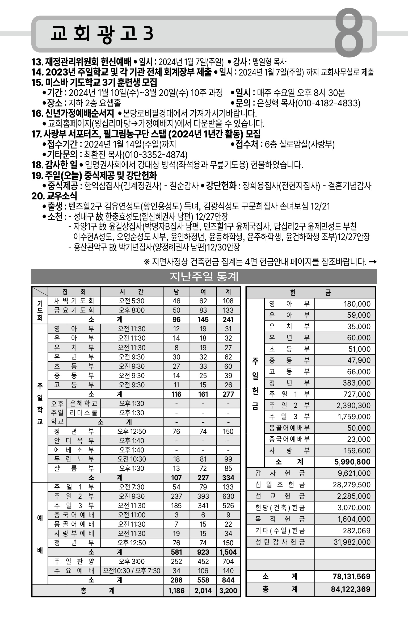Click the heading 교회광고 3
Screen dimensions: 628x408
[102, 34]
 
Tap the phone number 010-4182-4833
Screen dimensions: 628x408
[328, 103]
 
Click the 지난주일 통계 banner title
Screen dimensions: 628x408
[204, 277]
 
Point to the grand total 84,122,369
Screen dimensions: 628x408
[350, 589]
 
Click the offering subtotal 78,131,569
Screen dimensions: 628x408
[351, 576]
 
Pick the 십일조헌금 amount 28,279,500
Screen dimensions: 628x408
[351, 485]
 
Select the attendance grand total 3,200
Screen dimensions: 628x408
[228, 591]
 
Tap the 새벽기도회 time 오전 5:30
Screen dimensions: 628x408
[132, 301]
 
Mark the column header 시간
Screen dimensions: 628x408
[132, 292]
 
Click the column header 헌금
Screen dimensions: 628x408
[310, 293]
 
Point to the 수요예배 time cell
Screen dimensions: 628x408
[132, 571]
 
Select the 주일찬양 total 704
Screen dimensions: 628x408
[228, 561]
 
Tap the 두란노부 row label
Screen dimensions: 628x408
[74, 459]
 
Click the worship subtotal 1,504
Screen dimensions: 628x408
[228, 552]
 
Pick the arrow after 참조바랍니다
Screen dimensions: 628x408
[373, 262]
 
